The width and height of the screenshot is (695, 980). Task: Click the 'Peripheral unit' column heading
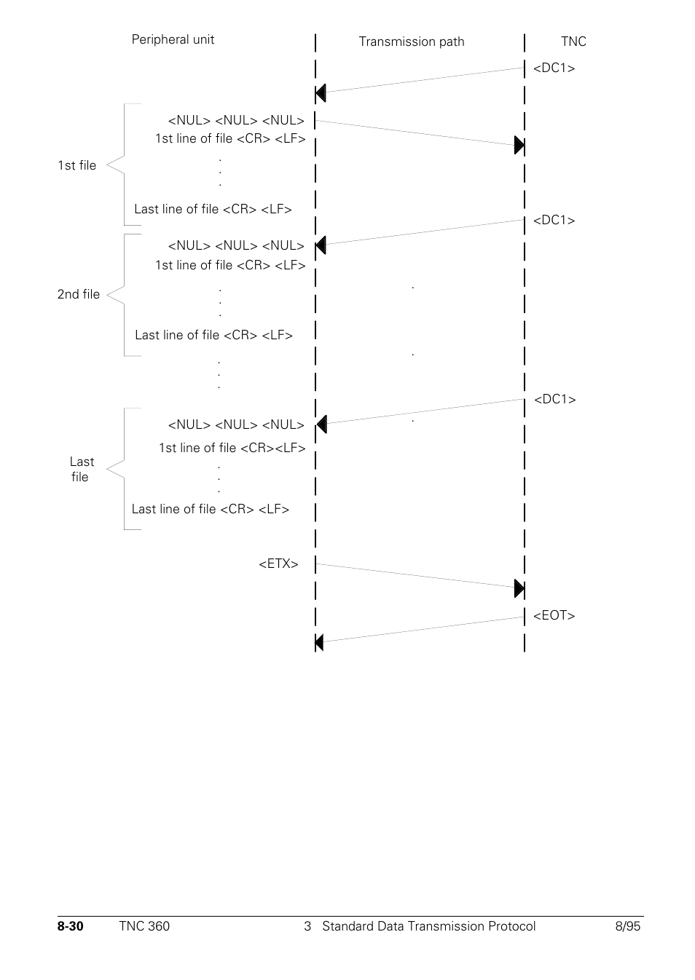[x=173, y=39]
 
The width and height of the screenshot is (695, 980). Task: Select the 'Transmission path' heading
[x=411, y=42]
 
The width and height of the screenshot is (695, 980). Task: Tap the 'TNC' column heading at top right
[x=573, y=42]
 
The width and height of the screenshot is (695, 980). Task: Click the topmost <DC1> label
[x=554, y=68]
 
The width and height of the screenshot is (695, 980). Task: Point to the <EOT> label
[x=554, y=615]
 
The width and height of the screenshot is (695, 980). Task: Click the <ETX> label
[x=278, y=564]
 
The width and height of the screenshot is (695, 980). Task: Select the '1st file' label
[x=77, y=165]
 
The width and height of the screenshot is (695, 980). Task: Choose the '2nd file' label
[x=79, y=294]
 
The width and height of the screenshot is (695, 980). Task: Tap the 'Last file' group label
[x=82, y=469]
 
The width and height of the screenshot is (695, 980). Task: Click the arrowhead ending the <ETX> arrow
[x=519, y=588]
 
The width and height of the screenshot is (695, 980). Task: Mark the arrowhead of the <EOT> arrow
[x=320, y=642]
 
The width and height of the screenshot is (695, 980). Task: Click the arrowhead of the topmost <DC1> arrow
[x=321, y=93]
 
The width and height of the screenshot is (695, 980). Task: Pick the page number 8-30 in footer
[x=71, y=926]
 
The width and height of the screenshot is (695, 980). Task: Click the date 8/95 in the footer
[x=627, y=926]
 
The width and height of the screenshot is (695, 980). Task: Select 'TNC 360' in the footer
[x=144, y=926]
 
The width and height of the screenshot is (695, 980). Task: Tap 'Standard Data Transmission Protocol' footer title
[x=428, y=926]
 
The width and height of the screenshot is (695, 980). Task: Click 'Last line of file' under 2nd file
[x=213, y=335]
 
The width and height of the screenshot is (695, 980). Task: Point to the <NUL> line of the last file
[x=236, y=424]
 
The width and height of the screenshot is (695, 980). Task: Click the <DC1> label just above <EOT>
[x=554, y=399]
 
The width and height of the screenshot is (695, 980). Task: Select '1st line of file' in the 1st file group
[x=230, y=138]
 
